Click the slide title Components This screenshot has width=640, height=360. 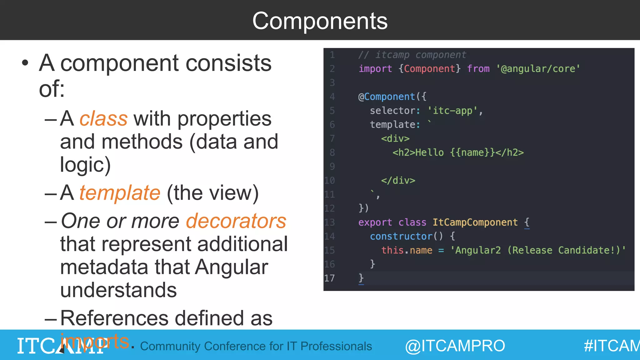tap(320, 21)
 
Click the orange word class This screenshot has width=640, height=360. tap(103, 119)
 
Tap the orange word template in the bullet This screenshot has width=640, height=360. tap(120, 193)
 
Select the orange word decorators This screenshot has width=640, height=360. tap(236, 221)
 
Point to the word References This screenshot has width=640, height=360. tap(114, 318)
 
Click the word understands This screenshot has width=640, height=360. tap(118, 290)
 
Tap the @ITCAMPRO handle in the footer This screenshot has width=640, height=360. tap(455, 346)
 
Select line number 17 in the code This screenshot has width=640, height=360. tap(329, 278)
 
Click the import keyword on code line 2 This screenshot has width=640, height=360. tap(375, 69)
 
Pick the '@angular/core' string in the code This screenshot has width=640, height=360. tap(538, 69)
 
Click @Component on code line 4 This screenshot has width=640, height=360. tap(387, 97)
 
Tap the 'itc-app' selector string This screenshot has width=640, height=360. tap(452, 111)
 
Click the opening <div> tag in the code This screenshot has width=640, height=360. tap(395, 138)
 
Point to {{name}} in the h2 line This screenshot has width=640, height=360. tap(472, 152)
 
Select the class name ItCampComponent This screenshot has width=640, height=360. tap(475, 222)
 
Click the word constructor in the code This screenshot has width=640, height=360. tap(401, 236)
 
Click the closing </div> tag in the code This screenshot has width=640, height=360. tap(398, 180)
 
